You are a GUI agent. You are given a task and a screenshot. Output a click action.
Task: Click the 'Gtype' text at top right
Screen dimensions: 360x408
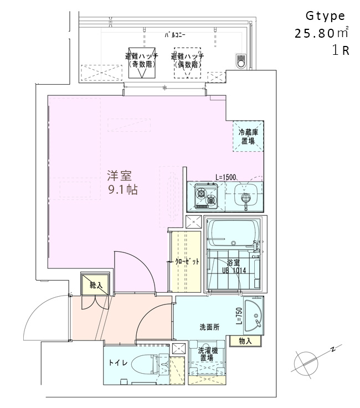325,17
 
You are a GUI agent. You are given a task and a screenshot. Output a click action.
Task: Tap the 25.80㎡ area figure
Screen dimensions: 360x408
321,33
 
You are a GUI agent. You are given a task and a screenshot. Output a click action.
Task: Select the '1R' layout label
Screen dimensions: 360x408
341,50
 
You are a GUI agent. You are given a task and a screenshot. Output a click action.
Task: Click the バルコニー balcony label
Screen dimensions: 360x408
175,35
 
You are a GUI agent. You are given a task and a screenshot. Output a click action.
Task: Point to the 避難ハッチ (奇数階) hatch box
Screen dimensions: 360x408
142,63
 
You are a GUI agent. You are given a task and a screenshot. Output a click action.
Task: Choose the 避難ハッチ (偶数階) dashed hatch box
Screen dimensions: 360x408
187,63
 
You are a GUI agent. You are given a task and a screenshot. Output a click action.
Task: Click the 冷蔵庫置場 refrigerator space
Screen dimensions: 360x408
248,136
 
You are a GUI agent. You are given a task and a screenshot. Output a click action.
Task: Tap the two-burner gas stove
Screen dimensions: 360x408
206,196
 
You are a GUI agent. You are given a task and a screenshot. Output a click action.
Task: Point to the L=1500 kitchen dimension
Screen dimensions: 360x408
225,178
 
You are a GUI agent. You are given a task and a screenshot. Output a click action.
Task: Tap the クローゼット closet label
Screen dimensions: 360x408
187,261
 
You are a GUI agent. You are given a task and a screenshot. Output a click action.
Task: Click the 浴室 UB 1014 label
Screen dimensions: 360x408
234,266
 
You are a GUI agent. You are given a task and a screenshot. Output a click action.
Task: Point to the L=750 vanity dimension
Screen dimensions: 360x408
239,316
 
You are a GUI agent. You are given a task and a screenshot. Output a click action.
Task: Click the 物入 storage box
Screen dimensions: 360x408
245,341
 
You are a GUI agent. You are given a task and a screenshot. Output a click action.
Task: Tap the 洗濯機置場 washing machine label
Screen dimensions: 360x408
208,354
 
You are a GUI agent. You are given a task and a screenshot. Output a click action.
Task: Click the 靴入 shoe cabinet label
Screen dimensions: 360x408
96,285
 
